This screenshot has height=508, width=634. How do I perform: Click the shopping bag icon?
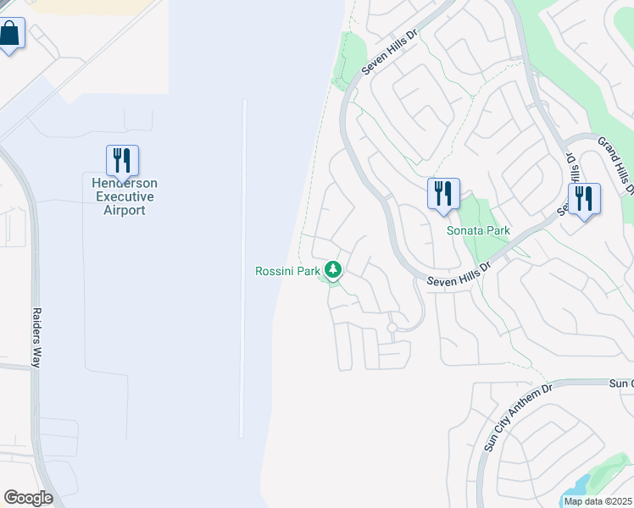pos(9,35)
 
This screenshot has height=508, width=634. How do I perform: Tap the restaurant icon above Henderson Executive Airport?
pos(122,161)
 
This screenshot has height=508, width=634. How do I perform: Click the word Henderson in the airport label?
pos(125,184)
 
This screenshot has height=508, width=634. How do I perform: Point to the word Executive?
pos(125,196)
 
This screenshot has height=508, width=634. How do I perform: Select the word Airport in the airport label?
pos(125,209)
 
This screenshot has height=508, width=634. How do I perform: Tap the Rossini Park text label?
pos(287,271)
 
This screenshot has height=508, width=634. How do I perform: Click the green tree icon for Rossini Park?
pos(334,270)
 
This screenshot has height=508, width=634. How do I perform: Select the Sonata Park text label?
pos(478,230)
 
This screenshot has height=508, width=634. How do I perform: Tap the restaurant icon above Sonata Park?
pos(442,194)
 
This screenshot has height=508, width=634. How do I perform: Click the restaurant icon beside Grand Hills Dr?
pos(583,199)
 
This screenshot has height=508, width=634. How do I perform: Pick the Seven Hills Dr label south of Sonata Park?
pos(459,272)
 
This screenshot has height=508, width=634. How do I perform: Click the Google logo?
pos(28,498)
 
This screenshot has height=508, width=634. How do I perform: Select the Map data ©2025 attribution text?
pos(598,501)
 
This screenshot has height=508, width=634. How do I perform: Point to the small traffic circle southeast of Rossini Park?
pos(392,327)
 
